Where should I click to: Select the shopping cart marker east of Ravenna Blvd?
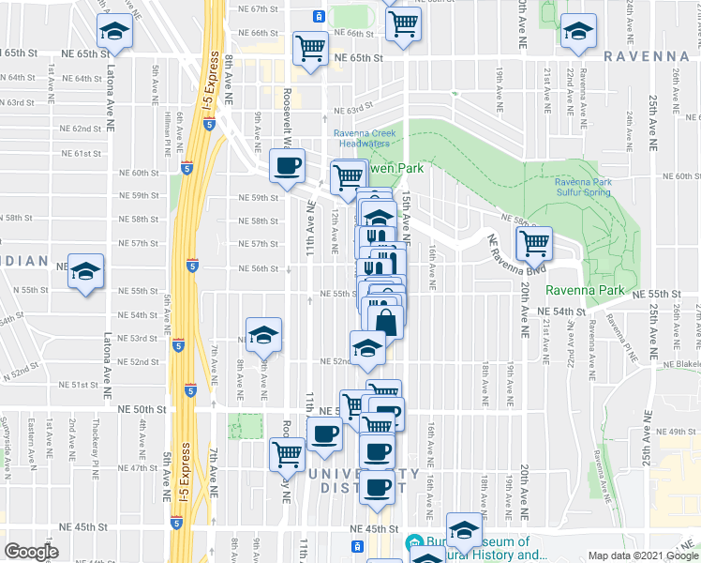tap(533, 243)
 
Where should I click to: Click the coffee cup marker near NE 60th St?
tap(287, 165)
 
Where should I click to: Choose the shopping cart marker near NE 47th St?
tap(287, 455)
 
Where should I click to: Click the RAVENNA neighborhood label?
tap(646, 56)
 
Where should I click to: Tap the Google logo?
tap(31, 552)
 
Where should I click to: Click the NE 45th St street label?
tap(367, 528)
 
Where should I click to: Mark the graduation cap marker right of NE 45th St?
tap(463, 530)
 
